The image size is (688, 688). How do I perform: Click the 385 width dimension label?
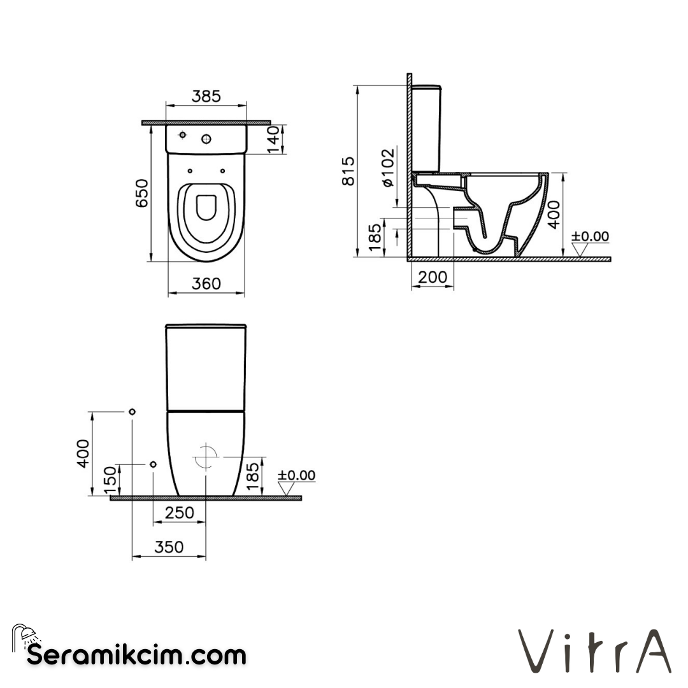tap(206, 96)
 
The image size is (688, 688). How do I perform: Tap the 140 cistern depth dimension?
tap(272, 140)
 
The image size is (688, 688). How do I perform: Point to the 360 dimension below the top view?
tap(206, 283)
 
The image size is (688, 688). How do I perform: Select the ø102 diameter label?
tap(388, 166)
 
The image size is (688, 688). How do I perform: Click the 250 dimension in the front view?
tap(179, 513)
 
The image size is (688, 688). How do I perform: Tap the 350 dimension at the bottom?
tap(168, 547)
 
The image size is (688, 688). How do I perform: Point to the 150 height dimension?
tap(110, 480)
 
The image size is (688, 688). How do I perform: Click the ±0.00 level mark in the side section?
tap(590, 237)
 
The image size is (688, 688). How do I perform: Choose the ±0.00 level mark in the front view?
tap(296, 475)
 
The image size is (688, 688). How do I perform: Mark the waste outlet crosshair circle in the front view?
tap(206, 456)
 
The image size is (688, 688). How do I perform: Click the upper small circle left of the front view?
tap(132, 412)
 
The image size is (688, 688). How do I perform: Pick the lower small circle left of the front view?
tap(153, 464)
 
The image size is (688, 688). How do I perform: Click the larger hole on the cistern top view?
tap(206, 139)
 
